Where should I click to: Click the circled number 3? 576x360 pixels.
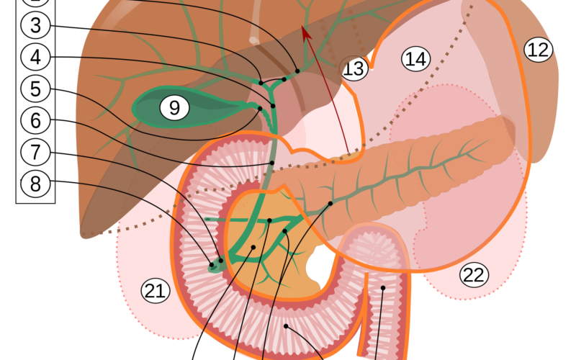click(x=36, y=26)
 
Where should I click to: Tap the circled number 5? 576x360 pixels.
click(x=36, y=89)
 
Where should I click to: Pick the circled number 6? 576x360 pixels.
click(x=36, y=120)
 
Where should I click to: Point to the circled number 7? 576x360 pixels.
click(x=36, y=151)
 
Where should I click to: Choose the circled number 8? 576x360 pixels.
click(x=36, y=184)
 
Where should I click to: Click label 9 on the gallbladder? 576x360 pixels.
click(x=174, y=108)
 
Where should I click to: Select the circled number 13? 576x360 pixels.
click(x=354, y=68)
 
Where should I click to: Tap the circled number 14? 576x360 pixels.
click(x=415, y=59)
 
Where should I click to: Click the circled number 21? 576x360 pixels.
click(x=155, y=291)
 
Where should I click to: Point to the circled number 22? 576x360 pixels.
click(x=474, y=274)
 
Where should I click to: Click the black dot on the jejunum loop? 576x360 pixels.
click(x=383, y=288)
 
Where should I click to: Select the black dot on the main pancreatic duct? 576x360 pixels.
click(x=330, y=204)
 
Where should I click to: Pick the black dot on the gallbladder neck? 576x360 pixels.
click(x=260, y=108)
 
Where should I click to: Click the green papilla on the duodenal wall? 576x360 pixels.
click(x=213, y=266)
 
